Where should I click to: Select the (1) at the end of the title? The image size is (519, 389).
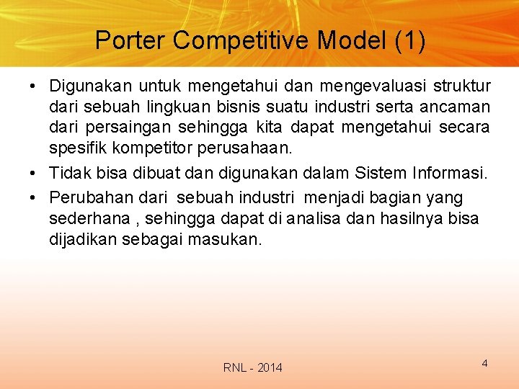coord(410,40)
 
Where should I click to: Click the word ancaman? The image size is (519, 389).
coord(456,107)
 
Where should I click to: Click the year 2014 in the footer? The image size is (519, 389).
coord(270,368)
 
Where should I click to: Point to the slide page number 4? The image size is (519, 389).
coord(485,363)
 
